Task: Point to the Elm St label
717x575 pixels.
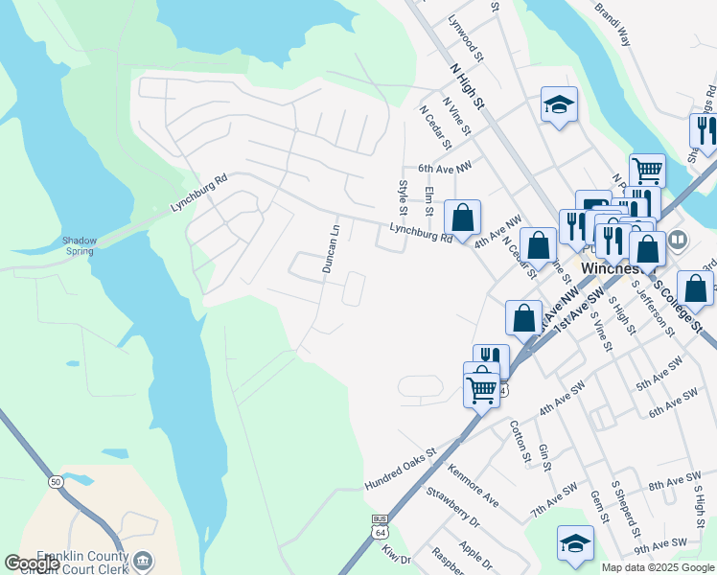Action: (x=429, y=202)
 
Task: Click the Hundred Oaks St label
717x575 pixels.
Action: (x=400, y=469)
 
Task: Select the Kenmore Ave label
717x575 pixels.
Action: (x=474, y=485)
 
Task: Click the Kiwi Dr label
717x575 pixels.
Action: (x=396, y=554)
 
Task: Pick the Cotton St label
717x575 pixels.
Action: (x=520, y=442)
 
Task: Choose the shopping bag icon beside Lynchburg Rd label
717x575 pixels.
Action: (x=462, y=218)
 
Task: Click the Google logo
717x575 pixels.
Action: (x=32, y=563)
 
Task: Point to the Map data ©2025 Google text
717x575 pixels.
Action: (x=658, y=567)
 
